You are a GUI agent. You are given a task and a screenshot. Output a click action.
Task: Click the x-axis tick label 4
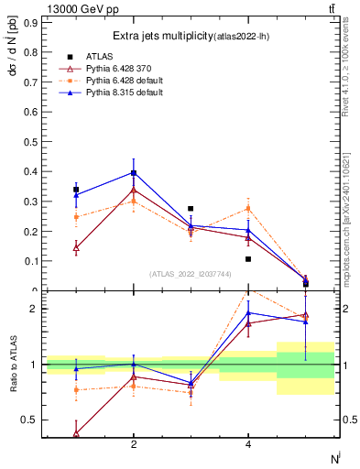[x=248, y=444]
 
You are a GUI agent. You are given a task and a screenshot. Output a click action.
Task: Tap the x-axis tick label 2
[x=134, y=444]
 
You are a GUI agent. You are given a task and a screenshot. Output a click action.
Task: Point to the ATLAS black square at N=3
[x=191, y=209]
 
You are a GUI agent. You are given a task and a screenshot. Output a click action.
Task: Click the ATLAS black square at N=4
[x=248, y=259]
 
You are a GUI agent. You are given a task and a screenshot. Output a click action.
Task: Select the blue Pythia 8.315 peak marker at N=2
[x=134, y=172]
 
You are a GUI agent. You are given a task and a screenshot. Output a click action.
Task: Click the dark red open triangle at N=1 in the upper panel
[x=76, y=247]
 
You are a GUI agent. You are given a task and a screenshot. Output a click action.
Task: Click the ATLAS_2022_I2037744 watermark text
[x=191, y=275]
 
